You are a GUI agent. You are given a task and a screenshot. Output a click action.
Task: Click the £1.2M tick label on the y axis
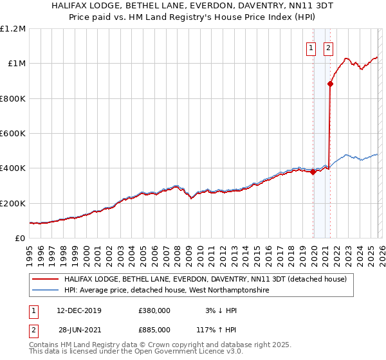point(12,29)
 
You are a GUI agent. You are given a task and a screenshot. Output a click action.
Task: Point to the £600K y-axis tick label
point(12,134)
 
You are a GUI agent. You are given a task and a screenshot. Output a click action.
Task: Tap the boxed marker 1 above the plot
point(311,47)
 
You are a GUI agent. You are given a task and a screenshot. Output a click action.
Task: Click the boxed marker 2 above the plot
point(328,47)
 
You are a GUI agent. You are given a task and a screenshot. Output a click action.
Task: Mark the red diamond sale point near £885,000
point(331,84)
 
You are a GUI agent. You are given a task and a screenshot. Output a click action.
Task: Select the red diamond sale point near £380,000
point(313,172)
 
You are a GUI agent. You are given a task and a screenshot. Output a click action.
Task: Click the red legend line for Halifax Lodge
point(45,280)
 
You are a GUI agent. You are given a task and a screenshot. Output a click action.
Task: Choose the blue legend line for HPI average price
point(45,291)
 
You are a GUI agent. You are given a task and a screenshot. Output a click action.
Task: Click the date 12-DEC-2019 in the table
point(78,310)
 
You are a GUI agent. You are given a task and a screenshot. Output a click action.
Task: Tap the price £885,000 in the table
point(154,329)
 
